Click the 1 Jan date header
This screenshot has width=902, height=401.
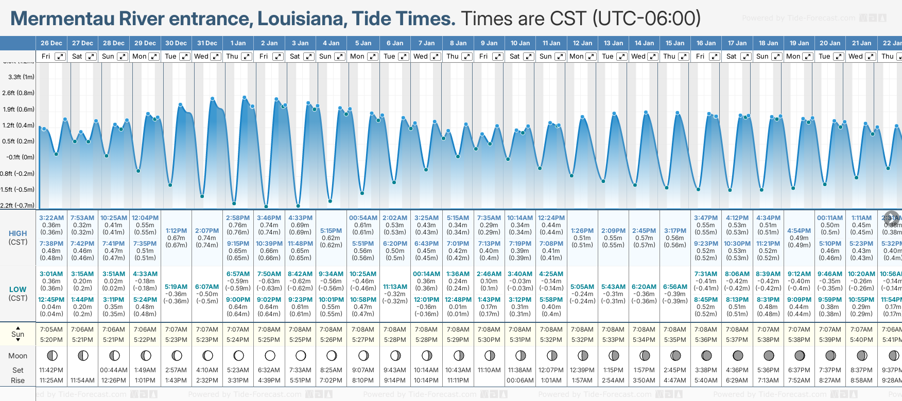238,43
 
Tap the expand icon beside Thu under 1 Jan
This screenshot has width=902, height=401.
247,57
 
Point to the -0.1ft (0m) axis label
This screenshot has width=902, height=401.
21,157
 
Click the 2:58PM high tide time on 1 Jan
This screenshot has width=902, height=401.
238,218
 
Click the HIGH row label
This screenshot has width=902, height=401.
18,233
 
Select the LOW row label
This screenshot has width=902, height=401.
18,289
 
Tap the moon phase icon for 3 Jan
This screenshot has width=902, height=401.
301,355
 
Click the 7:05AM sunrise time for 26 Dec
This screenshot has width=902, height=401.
51,330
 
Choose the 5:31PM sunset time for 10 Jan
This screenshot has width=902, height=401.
520,340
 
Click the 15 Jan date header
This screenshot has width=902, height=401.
675,43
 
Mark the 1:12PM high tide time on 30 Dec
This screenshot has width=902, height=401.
176,231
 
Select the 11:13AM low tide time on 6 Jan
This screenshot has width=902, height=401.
395,287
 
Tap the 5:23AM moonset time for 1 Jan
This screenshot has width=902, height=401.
238,370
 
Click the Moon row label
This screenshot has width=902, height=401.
18,356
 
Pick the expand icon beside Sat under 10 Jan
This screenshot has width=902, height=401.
529,57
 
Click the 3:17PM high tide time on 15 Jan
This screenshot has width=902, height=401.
675,231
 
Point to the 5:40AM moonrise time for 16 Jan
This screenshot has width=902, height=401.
706,380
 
